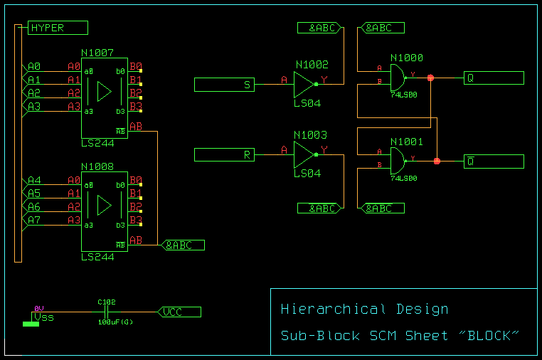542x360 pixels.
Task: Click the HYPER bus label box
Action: point(58,28)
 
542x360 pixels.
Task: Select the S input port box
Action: point(224,85)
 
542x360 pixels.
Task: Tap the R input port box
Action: point(224,154)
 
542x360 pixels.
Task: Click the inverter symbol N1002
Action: point(304,84)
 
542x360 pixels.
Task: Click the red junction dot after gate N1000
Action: point(430,78)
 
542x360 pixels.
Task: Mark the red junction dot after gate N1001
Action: point(437,162)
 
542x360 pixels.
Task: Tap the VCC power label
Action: point(180,312)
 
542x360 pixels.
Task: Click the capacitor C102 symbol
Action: point(106,312)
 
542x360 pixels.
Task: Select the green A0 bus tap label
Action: point(34,66)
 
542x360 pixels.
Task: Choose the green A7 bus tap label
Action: point(34,220)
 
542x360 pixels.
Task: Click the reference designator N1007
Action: point(97,53)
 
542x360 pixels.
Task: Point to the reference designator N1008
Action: point(97,166)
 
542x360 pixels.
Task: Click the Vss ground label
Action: point(43,317)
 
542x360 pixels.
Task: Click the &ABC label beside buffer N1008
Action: point(184,245)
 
